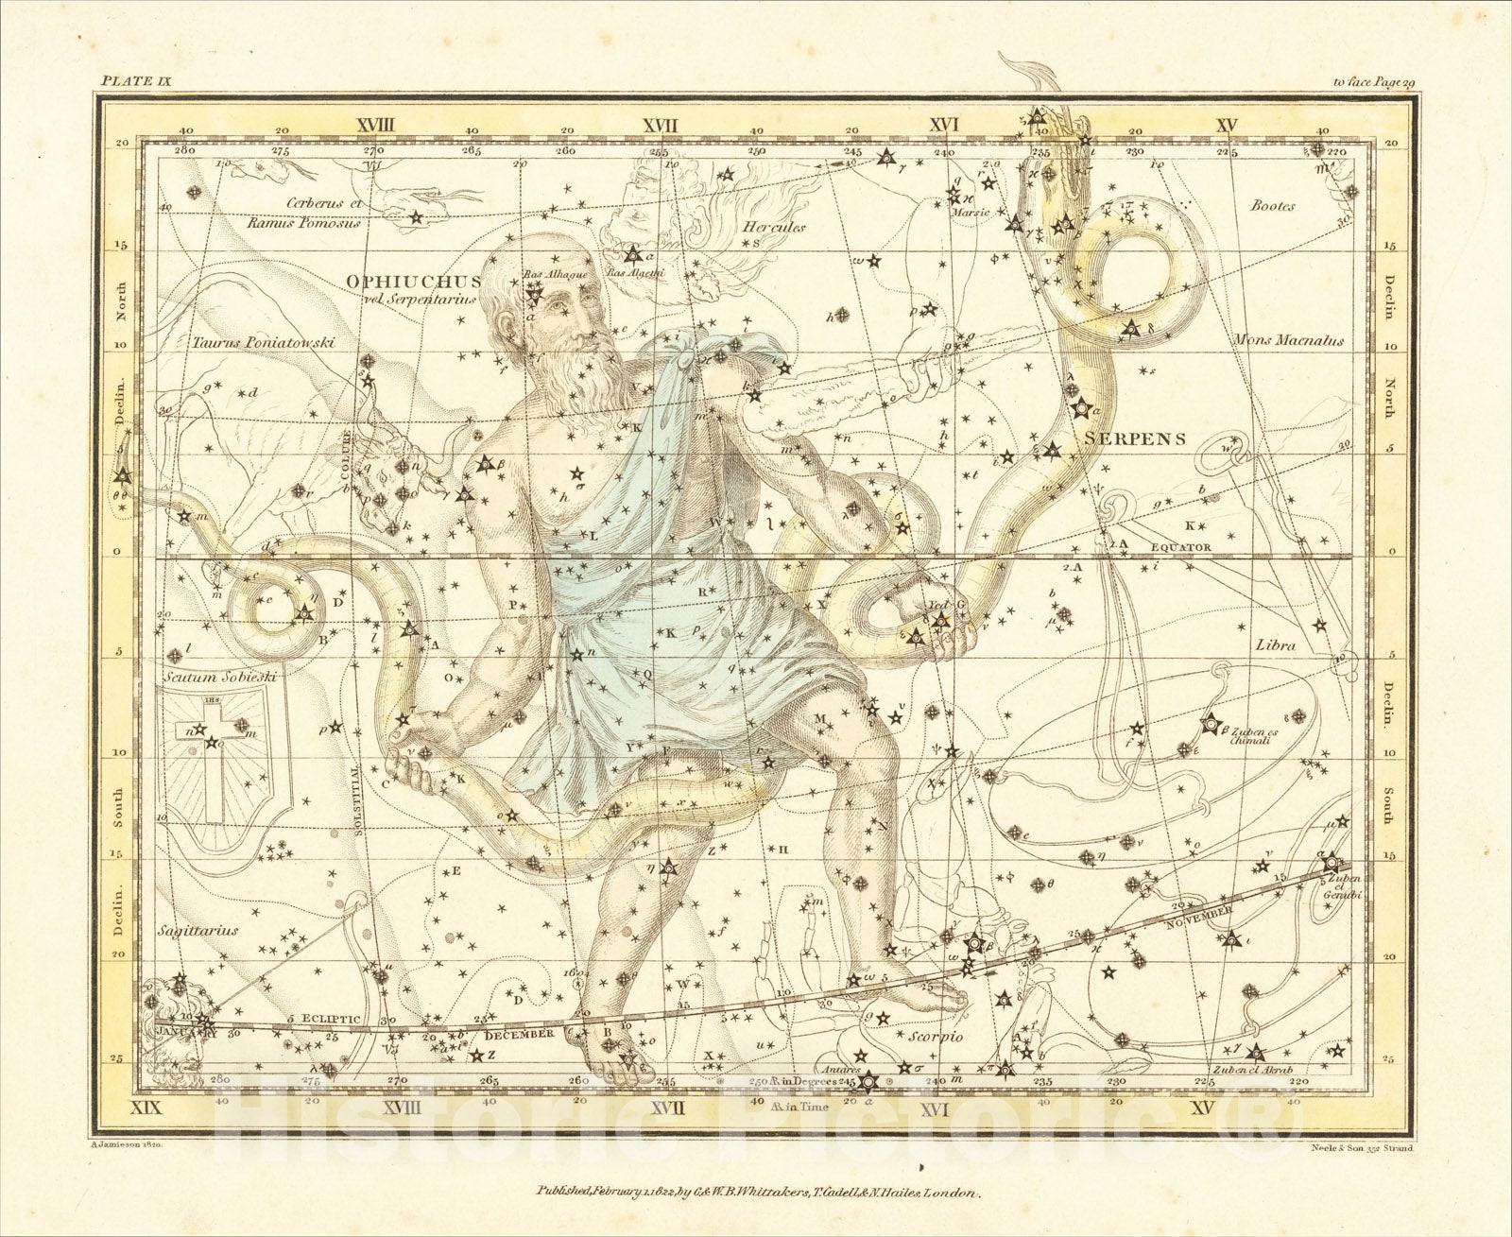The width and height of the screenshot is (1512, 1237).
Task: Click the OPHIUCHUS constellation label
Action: tap(414, 282)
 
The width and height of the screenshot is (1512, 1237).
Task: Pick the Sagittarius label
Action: tap(199, 930)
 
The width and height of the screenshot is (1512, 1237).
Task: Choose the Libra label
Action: tap(1275, 645)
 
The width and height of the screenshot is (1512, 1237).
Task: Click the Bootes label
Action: tap(1272, 206)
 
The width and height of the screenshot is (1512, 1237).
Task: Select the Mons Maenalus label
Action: tap(1288, 339)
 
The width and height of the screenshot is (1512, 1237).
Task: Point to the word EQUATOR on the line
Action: tap(1181, 547)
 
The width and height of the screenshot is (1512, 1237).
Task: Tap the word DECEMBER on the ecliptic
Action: tap(518, 1034)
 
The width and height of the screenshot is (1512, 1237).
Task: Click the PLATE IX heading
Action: tap(132, 83)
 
